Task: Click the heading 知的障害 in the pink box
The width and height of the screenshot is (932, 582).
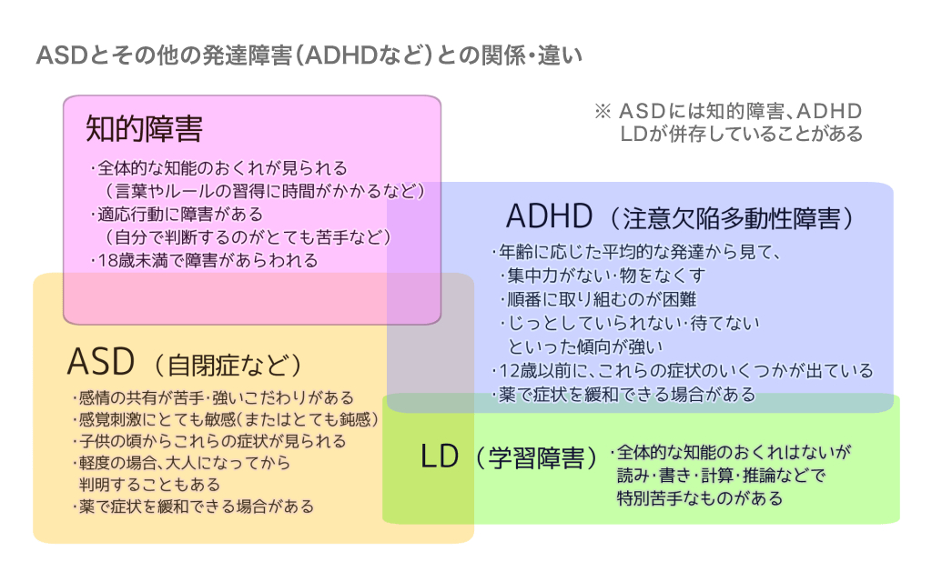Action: pyautogui.click(x=145, y=128)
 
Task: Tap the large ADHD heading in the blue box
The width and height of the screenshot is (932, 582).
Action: pyautogui.click(x=549, y=216)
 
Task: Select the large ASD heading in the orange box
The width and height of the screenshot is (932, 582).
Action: pyautogui.click(x=101, y=362)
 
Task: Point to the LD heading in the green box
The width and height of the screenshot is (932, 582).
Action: pyautogui.click(x=440, y=457)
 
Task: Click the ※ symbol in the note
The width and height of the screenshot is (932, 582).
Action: pyautogui.click(x=603, y=111)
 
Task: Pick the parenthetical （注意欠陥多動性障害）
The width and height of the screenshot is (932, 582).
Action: pyautogui.click(x=732, y=218)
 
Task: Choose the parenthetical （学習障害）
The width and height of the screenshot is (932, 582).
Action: pyautogui.click(x=536, y=458)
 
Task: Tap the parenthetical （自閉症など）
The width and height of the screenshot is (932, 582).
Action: pyautogui.click(x=228, y=365)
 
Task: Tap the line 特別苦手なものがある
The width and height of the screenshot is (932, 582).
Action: pyautogui.click(x=700, y=498)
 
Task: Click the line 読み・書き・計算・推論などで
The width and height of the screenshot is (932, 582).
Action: pyautogui.click(x=721, y=476)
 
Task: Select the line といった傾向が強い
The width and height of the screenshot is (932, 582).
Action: pyautogui.click(x=585, y=346)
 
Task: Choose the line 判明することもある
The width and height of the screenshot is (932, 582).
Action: pyautogui.click(x=150, y=485)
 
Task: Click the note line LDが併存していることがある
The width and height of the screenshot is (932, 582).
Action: pyautogui.click(x=741, y=135)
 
